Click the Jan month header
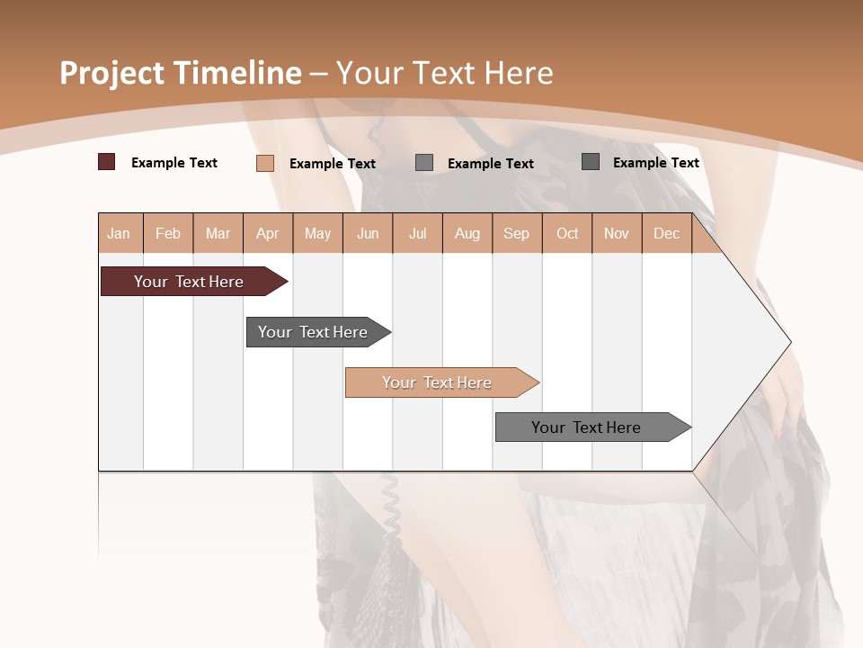pos(119,233)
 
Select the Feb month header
pos(168,233)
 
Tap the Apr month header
pos(267,233)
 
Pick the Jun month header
pos(368,233)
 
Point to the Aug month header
pos(467,233)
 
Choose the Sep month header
pos(516,233)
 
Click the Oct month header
pos(567,233)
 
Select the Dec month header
pos(666,233)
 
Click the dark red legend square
pos(106,162)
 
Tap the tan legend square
pos(264,163)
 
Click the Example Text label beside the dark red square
pos(174,163)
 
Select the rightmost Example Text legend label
pos(655,163)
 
